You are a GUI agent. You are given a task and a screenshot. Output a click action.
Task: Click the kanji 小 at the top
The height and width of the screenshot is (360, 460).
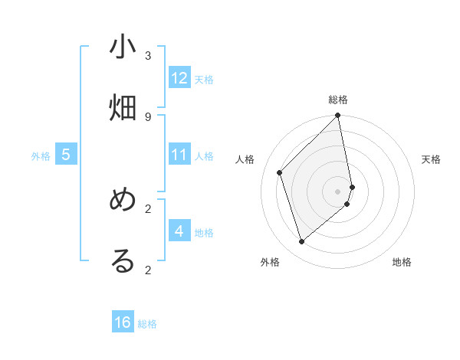[123, 47]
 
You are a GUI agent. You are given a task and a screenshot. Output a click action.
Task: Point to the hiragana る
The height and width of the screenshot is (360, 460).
[123, 261]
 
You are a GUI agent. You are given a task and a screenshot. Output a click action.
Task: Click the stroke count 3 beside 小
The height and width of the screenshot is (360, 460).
[148, 55]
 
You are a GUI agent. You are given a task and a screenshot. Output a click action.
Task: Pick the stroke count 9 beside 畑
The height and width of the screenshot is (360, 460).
[148, 116]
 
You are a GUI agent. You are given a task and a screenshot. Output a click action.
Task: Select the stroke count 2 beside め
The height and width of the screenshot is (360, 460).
[148, 208]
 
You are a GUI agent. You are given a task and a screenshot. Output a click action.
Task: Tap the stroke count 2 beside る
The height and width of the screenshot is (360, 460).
[148, 269]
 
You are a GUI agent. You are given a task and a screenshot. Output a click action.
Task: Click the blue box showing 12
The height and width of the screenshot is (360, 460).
[179, 78]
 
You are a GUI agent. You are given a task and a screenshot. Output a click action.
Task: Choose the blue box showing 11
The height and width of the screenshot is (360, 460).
[179, 155]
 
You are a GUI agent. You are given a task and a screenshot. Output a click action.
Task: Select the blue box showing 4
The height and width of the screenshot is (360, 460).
[179, 231]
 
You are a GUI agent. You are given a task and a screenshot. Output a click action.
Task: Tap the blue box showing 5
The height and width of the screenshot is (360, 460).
[66, 155]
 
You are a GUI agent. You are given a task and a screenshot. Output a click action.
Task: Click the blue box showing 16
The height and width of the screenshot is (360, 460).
[123, 322]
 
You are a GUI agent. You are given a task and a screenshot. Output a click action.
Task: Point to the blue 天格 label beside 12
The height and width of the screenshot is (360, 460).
[204, 79]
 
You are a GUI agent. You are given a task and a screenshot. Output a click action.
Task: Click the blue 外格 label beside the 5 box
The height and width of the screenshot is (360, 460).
[41, 155]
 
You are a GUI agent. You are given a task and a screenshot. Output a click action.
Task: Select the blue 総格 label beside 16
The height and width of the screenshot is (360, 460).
[147, 323]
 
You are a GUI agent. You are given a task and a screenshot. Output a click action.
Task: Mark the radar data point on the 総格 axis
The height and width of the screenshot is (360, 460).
[338, 116]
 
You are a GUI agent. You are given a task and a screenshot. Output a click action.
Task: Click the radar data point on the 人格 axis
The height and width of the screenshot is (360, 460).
[280, 172]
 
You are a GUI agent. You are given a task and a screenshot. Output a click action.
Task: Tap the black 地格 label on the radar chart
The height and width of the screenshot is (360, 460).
[402, 262]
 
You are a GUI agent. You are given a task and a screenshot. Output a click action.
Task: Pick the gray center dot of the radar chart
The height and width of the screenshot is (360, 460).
[338, 191]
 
